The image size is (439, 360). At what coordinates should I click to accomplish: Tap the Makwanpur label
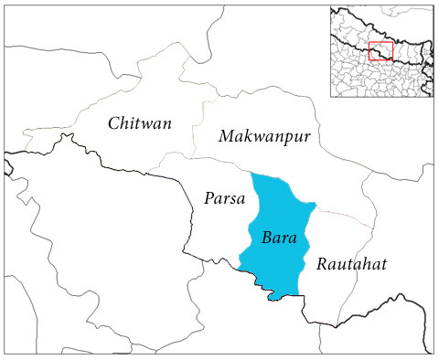coord(265,136)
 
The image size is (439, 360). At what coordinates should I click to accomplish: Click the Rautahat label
coord(352,264)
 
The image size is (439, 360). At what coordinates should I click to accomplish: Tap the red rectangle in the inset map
coord(381,51)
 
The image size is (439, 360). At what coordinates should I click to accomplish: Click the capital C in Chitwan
coord(113,123)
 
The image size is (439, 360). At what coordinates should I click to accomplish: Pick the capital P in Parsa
coord(206,196)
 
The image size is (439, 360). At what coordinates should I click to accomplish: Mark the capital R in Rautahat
coord(322,264)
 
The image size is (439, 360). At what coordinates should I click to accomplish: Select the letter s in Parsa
coord(232,197)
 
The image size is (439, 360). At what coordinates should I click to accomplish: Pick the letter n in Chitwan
coord(169,123)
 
